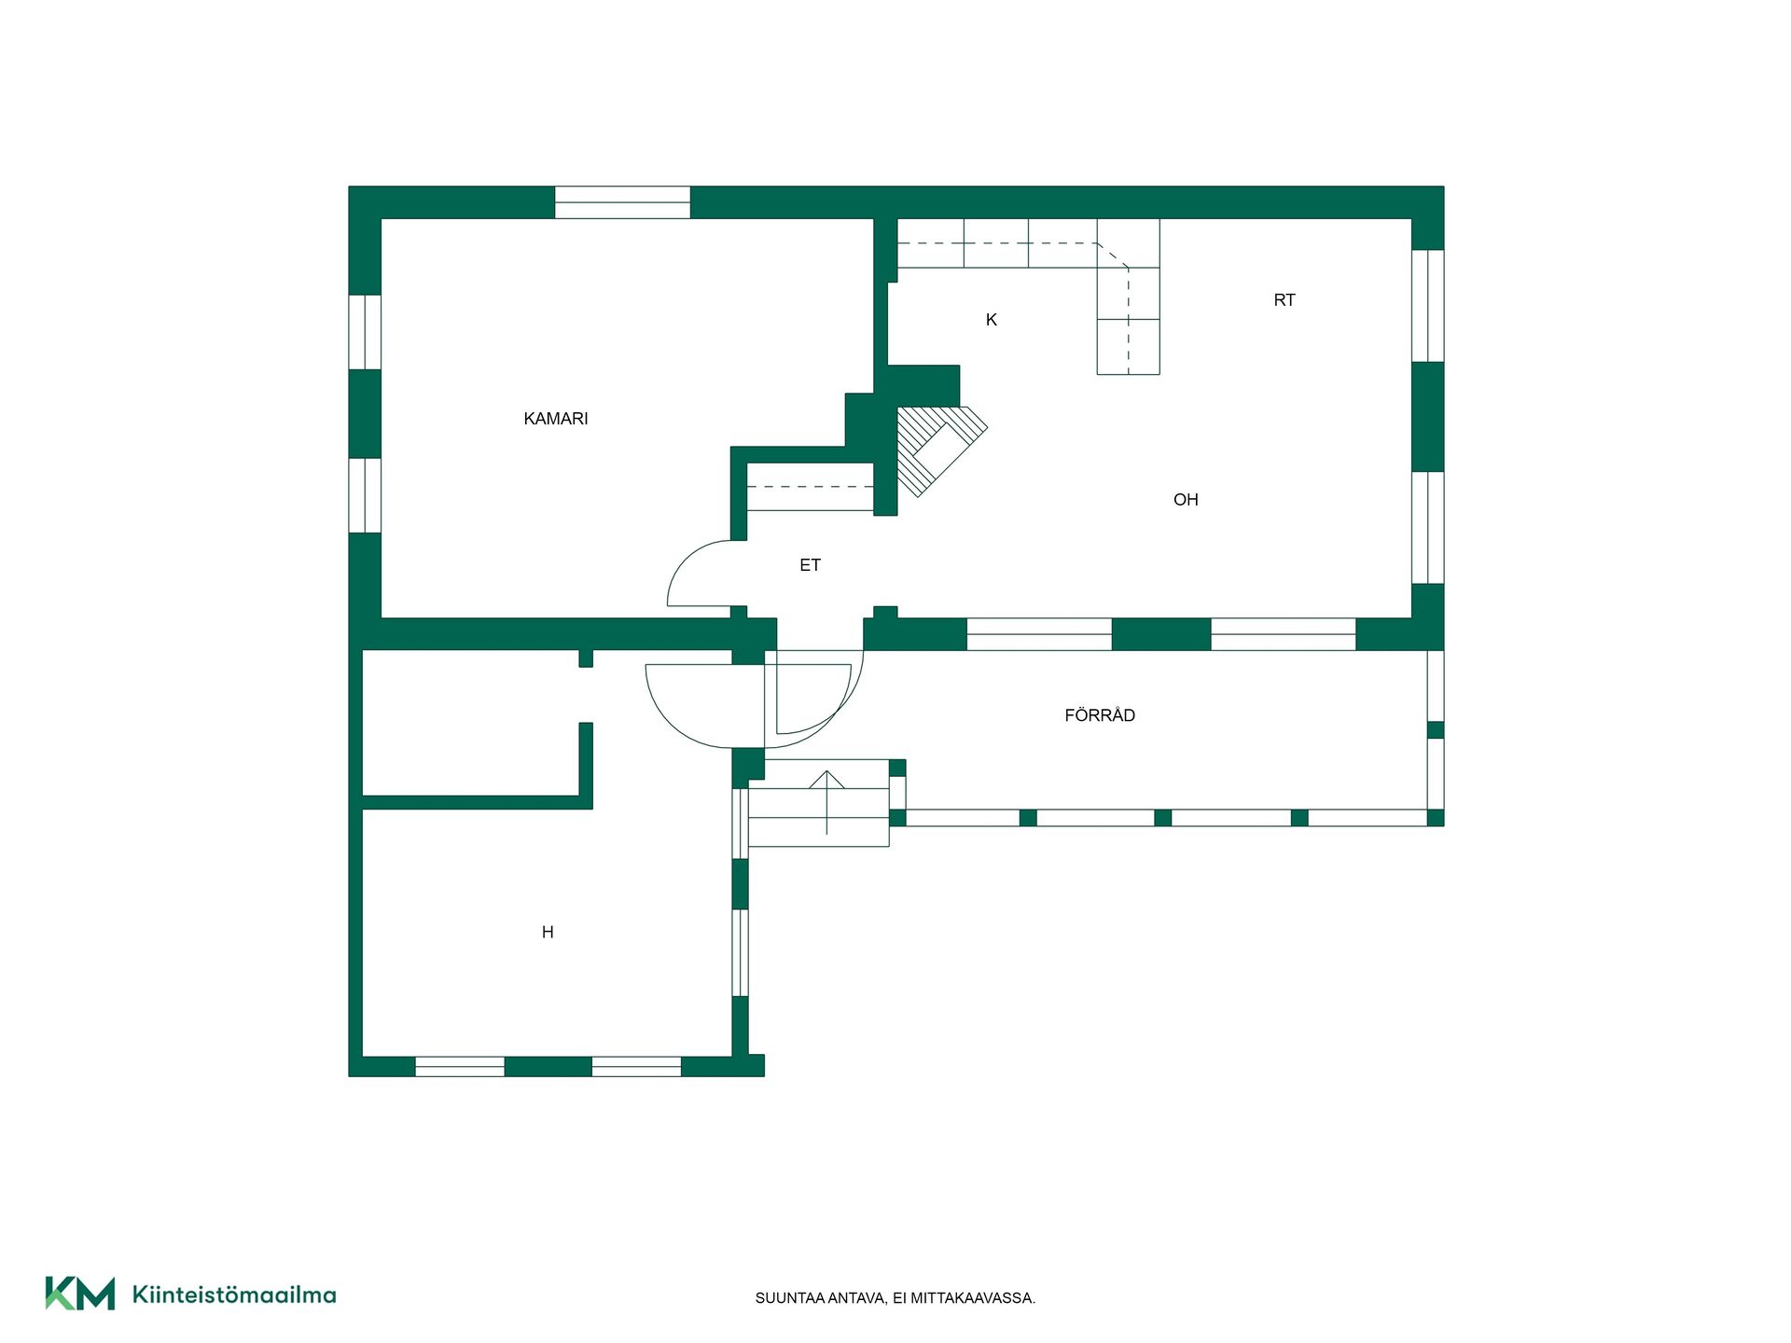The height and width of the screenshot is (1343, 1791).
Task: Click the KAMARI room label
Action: pos(556,419)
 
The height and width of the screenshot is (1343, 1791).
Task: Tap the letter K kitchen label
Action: pos(992,320)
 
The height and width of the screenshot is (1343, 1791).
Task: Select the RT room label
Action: pos(1284,300)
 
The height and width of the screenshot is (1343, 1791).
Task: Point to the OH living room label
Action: pos(1186,500)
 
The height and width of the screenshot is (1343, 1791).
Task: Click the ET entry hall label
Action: pos(810,565)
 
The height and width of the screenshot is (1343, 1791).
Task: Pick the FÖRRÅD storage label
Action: pos(1100,715)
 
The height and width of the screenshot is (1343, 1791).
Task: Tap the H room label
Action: pos(548,932)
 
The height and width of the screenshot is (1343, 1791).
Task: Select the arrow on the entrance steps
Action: pos(826,802)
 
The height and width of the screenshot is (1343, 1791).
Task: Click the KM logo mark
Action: pos(80,1294)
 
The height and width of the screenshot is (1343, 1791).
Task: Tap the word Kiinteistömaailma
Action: pos(234,1295)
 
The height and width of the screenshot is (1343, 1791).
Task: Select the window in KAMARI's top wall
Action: pos(622,202)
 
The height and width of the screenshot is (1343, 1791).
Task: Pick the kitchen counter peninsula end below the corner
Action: pos(1128,346)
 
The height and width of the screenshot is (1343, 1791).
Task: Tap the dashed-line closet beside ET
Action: pos(811,487)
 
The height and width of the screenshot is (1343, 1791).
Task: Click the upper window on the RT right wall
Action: pos(1427,306)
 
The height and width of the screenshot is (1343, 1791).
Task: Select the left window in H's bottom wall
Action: pos(460,1066)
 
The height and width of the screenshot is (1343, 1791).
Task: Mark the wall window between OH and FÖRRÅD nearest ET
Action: pos(1039,634)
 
